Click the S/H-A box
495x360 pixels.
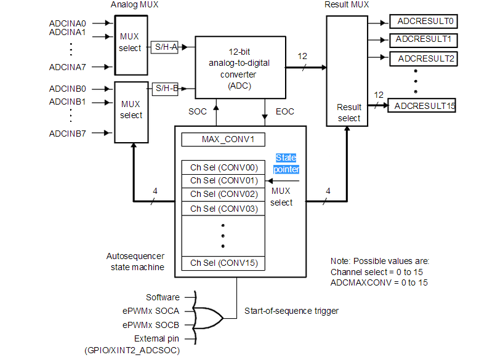[164, 48]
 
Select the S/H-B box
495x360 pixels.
[164, 89]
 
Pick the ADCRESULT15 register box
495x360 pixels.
[424, 106]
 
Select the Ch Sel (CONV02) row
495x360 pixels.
[223, 194]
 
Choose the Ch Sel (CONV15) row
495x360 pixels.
[223, 263]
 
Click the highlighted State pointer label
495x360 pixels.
[286, 163]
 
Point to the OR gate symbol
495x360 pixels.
[209, 318]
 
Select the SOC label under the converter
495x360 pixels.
[198, 111]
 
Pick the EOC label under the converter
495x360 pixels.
[285, 111]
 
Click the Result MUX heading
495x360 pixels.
[347, 5]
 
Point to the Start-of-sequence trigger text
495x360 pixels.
[291, 311]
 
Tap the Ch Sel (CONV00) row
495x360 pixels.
[223, 167]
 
